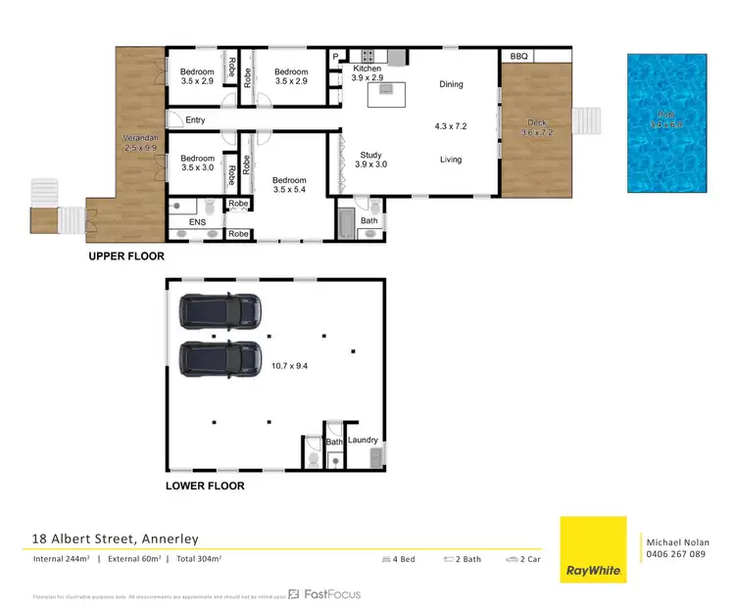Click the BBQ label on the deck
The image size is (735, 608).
(x=518, y=57)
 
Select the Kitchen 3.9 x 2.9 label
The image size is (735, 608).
(x=367, y=74)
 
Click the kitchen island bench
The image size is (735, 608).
(x=386, y=95)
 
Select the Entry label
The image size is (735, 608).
(x=195, y=120)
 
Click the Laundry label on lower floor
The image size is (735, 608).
(x=362, y=441)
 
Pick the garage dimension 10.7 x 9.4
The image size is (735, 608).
(x=289, y=366)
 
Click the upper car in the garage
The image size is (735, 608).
(x=220, y=310)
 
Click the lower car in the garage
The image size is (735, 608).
(x=220, y=359)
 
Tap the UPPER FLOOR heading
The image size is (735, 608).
(x=125, y=257)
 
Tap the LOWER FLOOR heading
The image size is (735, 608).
(x=205, y=486)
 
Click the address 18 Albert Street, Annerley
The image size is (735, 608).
(x=116, y=538)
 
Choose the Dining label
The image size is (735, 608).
(x=451, y=85)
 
